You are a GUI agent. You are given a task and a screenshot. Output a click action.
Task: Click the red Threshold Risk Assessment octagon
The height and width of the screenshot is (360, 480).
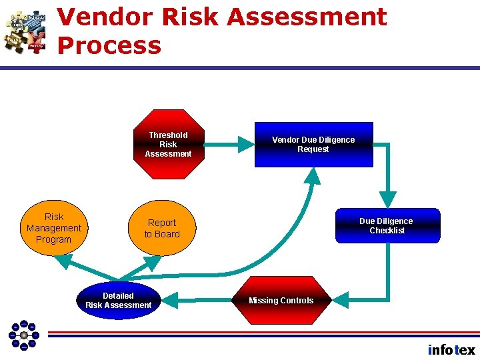pos(168,145)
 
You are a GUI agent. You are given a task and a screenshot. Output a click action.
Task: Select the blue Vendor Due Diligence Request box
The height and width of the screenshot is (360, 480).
pos(313,145)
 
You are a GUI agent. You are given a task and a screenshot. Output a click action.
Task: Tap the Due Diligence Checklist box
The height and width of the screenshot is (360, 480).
pos(387,225)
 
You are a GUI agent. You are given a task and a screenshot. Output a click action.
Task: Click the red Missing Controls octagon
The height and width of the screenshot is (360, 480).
pos(281,301)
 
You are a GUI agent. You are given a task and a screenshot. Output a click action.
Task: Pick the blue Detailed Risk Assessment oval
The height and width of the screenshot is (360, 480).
pos(118,301)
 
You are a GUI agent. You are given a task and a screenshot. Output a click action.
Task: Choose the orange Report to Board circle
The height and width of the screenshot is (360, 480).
pos(163,228)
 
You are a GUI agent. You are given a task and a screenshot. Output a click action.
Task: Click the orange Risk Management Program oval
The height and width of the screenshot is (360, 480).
pos(54,228)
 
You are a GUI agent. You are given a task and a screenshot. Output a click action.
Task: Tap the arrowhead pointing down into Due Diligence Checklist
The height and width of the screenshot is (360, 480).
pos(387,199)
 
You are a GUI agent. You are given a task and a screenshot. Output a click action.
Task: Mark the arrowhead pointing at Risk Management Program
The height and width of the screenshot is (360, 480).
pos(63,261)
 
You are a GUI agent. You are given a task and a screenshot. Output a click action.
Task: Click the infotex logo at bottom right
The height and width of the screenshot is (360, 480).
pos(451,349)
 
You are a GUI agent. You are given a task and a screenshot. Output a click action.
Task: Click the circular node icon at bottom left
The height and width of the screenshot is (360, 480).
pos(24,335)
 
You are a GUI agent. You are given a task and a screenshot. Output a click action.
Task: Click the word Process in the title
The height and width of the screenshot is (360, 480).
pos(109,45)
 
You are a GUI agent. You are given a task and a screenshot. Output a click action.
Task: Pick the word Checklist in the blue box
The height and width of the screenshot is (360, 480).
pos(387,231)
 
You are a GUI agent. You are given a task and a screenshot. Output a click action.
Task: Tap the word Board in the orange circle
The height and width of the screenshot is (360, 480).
pos(167,234)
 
